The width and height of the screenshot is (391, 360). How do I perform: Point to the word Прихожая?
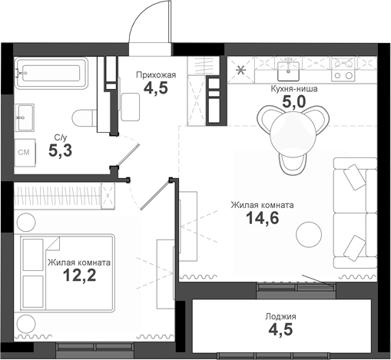click(x=156, y=74)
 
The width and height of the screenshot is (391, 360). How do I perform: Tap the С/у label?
click(x=59, y=137)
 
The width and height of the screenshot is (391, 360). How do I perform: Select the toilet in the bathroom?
click(x=87, y=117)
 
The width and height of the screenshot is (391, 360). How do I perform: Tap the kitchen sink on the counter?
click(x=290, y=70)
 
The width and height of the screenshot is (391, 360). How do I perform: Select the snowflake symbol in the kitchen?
click(x=242, y=71)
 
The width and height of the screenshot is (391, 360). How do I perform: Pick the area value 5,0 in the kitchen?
click(x=293, y=103)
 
